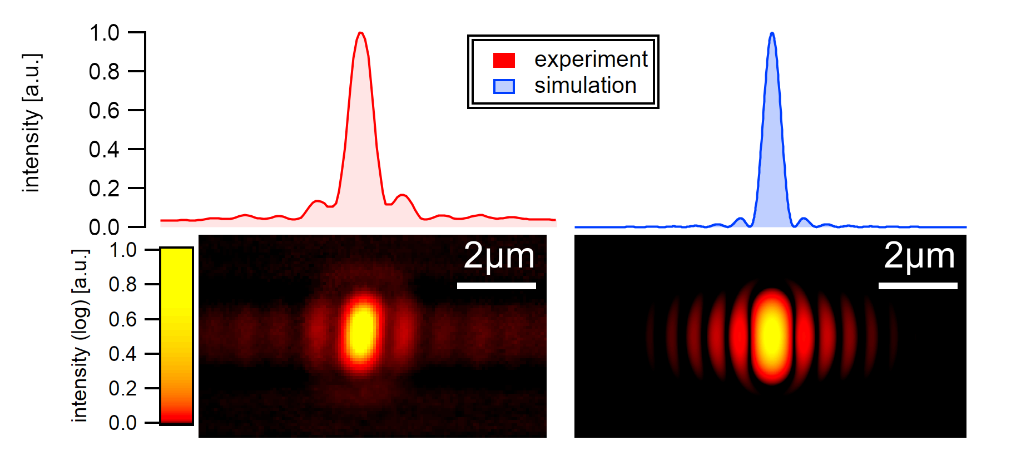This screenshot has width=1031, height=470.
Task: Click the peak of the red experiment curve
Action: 361,33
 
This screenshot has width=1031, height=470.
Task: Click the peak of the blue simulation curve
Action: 772,34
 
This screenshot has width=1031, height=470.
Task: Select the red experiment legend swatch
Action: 504,60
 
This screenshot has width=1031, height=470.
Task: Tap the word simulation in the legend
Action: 585,86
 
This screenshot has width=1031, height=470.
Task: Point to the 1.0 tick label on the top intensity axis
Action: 104,33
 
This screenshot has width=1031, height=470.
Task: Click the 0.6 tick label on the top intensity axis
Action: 104,111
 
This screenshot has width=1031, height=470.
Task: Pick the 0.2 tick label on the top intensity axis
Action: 104,189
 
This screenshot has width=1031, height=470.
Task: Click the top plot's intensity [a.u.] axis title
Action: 32,123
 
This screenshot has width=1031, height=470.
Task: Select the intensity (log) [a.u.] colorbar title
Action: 80,336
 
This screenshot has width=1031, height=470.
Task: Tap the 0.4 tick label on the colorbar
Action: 122,354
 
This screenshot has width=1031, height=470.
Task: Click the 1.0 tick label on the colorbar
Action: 122,250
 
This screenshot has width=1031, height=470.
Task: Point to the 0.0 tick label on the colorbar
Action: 122,423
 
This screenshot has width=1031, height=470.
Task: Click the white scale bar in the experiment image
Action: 496,286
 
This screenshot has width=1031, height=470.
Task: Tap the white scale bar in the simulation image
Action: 918,286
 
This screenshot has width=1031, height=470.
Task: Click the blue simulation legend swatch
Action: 504,86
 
